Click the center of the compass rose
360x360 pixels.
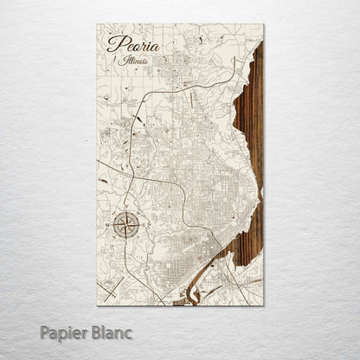[122, 227]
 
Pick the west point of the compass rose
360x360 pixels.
[107, 227]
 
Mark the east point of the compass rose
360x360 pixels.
[137, 227]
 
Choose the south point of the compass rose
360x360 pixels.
[122, 242]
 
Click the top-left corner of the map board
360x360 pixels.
[98, 24]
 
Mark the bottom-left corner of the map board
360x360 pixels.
[98, 305]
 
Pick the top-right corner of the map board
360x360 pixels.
[263, 24]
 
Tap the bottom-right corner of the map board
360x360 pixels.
[263, 305]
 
